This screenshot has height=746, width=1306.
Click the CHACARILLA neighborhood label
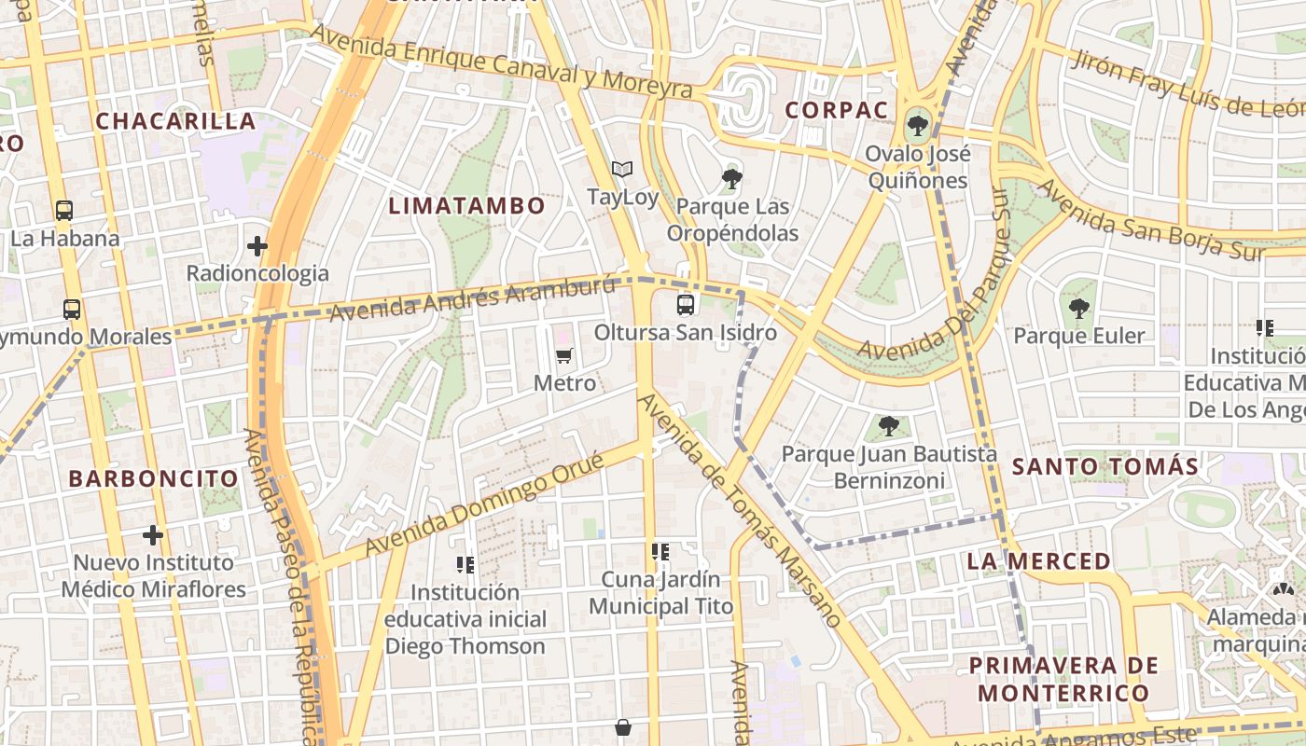[x=175, y=121]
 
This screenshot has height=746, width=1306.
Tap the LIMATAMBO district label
[x=466, y=206]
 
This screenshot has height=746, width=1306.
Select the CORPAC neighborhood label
[x=836, y=110]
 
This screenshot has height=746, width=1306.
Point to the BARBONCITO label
[x=154, y=479]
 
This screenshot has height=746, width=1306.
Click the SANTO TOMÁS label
[x=1105, y=466]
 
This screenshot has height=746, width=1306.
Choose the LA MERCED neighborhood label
[x=1039, y=561]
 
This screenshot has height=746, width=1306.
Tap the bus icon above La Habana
[x=63, y=210]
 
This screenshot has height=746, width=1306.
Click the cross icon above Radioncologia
[x=257, y=246]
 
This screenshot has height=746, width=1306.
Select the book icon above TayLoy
[x=622, y=169]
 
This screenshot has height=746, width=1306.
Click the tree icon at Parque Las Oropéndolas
[x=732, y=177]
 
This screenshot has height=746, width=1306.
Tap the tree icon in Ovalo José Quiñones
[x=918, y=124]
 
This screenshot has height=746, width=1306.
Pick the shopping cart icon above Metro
[x=563, y=355]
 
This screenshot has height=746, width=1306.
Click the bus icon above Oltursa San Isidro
[x=686, y=304]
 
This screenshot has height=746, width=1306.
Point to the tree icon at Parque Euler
[x=1079, y=307]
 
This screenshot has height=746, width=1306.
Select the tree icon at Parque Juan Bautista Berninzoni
[x=889, y=426]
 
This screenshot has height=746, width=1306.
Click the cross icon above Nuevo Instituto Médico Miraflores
[x=153, y=535]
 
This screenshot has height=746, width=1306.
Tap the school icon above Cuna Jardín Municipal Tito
[x=660, y=551]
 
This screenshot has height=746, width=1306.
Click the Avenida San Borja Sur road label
[x=1151, y=220]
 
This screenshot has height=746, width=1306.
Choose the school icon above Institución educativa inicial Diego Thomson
[x=465, y=564]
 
